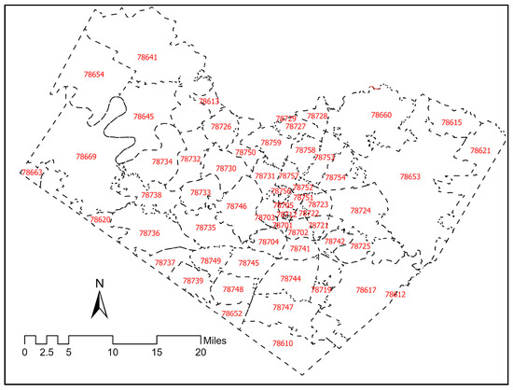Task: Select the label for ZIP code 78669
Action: click(x=86, y=156)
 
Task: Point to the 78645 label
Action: click(x=143, y=117)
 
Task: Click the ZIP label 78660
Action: click(x=381, y=115)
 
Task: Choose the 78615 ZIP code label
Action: click(x=451, y=123)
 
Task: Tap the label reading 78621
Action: click(x=480, y=150)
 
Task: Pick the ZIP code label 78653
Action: click(x=410, y=176)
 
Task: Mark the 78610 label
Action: click(x=283, y=344)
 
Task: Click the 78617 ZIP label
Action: click(x=366, y=290)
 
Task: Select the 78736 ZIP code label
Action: click(x=149, y=233)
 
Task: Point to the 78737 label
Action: click(x=165, y=263)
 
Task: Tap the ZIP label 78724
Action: click(x=361, y=211)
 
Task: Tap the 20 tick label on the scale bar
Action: click(x=201, y=353)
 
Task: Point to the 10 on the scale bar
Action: click(x=113, y=353)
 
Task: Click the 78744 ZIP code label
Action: click(x=291, y=279)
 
